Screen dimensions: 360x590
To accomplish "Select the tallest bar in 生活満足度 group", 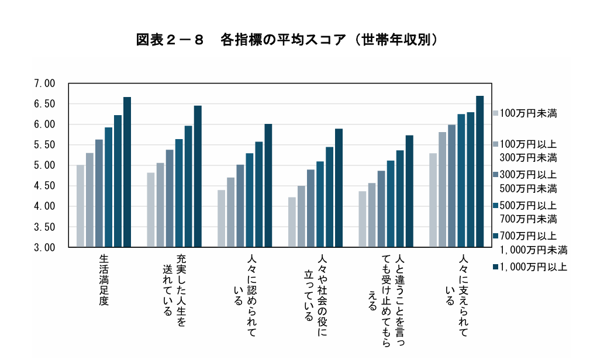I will point(127,172).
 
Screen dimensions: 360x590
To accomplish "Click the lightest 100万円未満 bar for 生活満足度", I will point(80,206).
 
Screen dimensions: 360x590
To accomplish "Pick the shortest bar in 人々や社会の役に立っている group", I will point(292,222).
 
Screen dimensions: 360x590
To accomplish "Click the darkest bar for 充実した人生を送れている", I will point(198,176).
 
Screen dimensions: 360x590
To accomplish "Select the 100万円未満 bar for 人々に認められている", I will point(221,218).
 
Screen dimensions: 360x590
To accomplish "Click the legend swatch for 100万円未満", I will point(495,113).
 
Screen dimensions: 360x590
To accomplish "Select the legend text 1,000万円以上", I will point(533,267).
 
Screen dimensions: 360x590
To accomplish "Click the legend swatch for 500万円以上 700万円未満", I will point(495,206).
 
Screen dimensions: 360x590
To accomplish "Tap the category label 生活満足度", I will point(104,279).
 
